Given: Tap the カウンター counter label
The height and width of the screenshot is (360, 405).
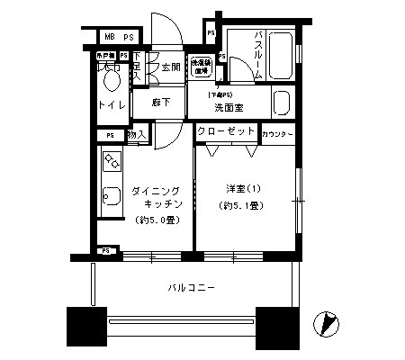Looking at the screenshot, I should click(278, 134).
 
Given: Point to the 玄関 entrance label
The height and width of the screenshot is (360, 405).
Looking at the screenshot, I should click(171, 67).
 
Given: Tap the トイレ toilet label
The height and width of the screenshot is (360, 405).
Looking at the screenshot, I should click(112, 106).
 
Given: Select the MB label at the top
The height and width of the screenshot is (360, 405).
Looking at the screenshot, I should click(108, 36).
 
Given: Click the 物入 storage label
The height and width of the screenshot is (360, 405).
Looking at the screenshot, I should click(137, 135).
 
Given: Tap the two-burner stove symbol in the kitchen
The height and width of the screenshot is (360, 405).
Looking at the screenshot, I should click(112, 164).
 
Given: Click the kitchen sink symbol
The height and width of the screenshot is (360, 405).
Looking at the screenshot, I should click(111, 197).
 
